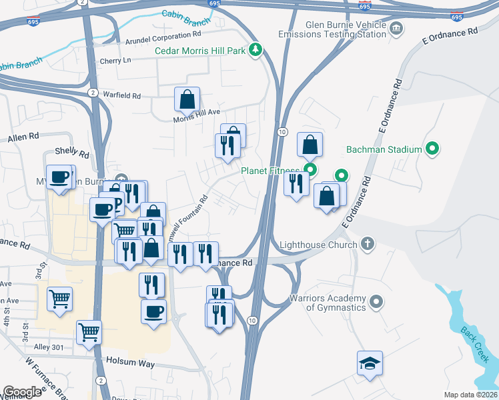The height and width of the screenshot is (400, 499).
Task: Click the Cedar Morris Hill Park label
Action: click(200, 50)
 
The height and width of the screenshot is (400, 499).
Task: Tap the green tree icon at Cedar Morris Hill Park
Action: click(254, 49)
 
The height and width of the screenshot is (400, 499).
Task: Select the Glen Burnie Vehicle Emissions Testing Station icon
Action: click(396, 28)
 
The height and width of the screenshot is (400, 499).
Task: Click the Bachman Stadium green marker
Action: click(432, 149)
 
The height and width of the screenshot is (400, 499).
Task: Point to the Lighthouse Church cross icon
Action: click(367, 244)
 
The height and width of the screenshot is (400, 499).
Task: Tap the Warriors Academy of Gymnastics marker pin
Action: click(376, 303)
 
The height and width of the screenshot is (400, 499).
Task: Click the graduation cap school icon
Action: click(370, 363)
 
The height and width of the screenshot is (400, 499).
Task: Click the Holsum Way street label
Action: click(130, 364)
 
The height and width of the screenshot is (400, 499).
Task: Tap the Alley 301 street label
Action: click(48, 347)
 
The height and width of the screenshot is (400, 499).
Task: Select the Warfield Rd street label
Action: click(121, 95)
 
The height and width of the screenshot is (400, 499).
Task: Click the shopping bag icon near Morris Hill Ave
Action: click(187, 100)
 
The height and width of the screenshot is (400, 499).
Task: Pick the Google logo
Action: click(22, 392)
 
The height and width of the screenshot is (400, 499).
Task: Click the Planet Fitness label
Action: click(270, 171)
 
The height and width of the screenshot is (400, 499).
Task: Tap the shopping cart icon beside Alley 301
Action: click(88, 331)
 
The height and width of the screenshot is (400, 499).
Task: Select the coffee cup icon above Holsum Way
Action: click(153, 311)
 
